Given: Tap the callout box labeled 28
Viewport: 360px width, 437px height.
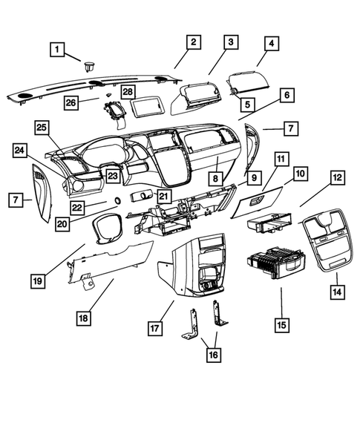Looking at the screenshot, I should click(x=128, y=91).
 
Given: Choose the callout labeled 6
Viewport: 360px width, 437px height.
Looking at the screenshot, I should click(x=286, y=95).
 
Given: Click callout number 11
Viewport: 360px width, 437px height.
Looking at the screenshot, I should click(x=280, y=160).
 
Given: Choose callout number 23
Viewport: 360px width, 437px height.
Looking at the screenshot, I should click(x=112, y=176).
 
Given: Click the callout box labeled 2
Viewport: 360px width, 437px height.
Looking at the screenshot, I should click(x=192, y=42).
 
